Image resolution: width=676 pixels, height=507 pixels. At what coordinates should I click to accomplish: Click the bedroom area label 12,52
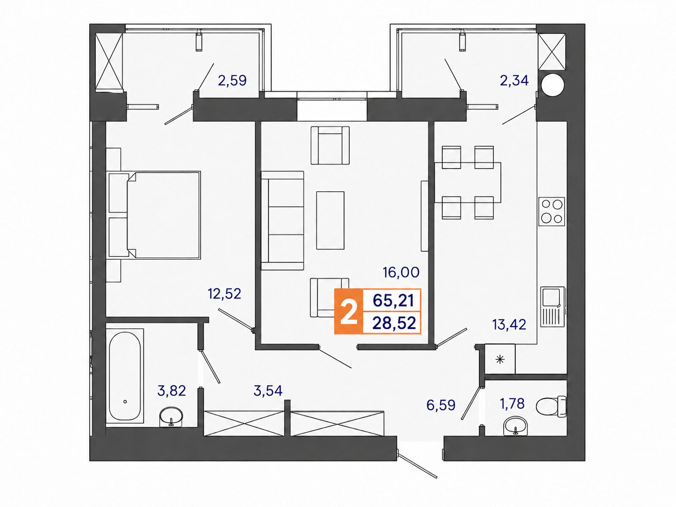click(224, 294)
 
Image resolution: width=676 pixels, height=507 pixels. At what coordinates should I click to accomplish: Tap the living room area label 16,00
click(401, 273)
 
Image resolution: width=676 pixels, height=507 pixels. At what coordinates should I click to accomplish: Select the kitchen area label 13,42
click(509, 325)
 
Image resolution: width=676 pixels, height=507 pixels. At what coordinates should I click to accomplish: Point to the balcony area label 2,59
click(232, 81)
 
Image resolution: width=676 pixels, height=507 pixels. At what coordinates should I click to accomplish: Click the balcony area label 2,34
click(514, 81)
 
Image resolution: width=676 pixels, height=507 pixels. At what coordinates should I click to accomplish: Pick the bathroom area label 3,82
click(172, 391)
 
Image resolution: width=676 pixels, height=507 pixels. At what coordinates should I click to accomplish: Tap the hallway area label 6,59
click(441, 405)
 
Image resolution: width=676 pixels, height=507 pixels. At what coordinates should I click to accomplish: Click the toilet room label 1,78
click(512, 403)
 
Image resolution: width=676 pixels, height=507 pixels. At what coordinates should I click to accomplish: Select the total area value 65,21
click(393, 300)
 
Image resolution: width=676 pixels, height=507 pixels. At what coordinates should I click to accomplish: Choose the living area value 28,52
click(394, 323)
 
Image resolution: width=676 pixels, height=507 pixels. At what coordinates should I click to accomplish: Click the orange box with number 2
click(349, 311)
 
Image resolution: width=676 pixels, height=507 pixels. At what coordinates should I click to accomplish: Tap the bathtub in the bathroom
click(125, 376)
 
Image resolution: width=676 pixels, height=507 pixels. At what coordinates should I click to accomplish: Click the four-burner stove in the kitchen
click(552, 212)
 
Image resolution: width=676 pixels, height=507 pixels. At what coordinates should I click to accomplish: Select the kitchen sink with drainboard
click(553, 307)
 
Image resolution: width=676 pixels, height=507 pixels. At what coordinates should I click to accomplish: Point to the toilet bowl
click(551, 406)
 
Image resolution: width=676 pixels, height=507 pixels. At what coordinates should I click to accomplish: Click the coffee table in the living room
click(330, 221)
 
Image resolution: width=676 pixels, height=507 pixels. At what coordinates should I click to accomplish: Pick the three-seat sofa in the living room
click(282, 221)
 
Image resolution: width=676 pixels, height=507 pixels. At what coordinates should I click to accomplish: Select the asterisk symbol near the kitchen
click(500, 359)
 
